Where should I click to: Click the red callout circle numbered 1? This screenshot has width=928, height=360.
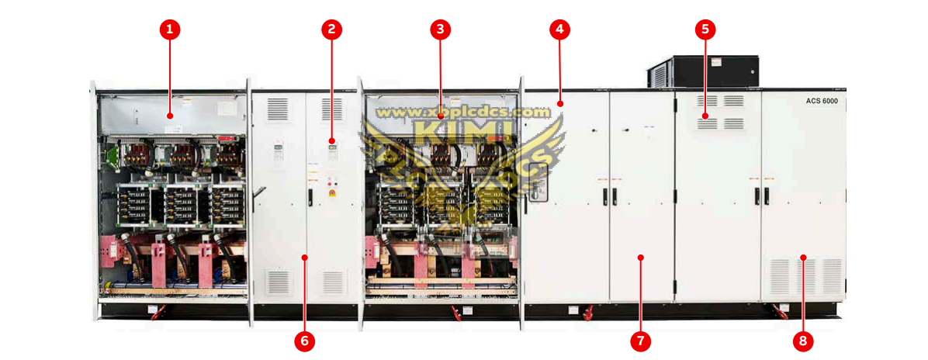tap(169, 30)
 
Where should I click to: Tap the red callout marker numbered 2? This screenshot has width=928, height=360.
tap(331, 30)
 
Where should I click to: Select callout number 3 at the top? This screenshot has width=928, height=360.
tap(440, 30)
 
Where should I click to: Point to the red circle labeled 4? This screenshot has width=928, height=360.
tap(559, 30)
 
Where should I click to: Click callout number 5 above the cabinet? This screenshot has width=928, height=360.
tap(705, 30)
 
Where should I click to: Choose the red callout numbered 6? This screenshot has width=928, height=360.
tap(304, 339)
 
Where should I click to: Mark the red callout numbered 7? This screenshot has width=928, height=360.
tap(640, 339)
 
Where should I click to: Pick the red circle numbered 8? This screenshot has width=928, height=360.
tap(803, 339)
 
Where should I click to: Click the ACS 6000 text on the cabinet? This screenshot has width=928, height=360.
tap(822, 102)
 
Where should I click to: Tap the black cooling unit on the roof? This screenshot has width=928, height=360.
tap(702, 71)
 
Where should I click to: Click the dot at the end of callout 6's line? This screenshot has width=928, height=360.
tap(304, 256)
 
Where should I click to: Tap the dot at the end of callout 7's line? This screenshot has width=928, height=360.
tap(640, 256)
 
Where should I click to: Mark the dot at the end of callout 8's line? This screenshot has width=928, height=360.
tap(803, 256)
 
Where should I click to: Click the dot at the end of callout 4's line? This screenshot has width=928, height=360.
tap(559, 102)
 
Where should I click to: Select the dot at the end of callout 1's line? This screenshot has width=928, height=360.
tap(169, 116)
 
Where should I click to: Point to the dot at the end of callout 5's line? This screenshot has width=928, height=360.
tap(705, 116)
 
